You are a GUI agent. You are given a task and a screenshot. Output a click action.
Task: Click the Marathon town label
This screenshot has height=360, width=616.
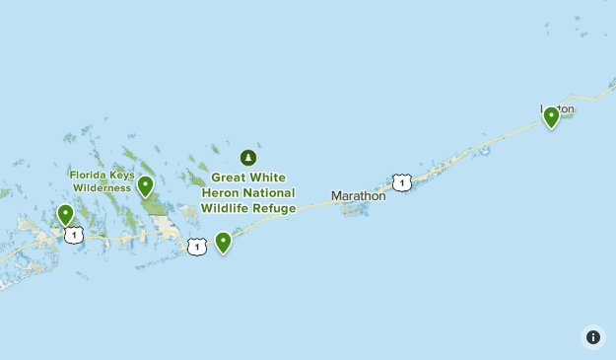pos(358,195)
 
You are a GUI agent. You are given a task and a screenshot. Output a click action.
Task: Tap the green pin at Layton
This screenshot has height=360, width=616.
pos(552,117)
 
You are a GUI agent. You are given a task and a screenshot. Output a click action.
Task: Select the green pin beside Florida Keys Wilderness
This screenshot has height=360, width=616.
pos(145,185)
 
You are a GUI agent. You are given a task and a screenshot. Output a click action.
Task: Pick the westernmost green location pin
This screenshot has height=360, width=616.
pos(65,214)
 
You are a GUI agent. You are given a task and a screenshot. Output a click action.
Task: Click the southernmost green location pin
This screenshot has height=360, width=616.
pos(224,242)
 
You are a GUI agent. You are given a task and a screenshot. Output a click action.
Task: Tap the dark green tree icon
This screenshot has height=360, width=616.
pos(248,158)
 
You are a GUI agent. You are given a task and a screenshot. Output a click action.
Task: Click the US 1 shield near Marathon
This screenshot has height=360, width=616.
pos(401,182)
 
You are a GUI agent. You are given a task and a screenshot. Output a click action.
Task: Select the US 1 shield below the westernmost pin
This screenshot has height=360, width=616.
pos(73,235)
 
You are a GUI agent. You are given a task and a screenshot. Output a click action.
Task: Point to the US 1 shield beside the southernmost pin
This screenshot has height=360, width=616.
pos(197,247)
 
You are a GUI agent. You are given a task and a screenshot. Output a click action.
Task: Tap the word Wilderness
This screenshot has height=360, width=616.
pos(101,187)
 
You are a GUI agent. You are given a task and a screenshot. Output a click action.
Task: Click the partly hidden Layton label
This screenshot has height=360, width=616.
pos(557,108)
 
